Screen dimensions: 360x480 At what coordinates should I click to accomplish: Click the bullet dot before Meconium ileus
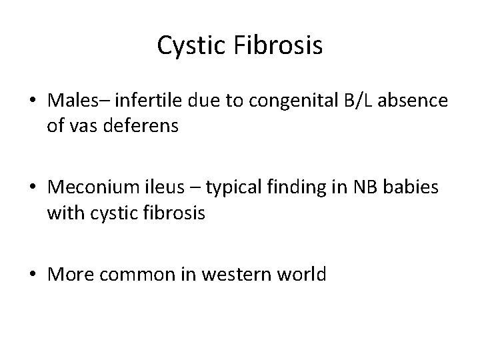(x=33, y=188)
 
